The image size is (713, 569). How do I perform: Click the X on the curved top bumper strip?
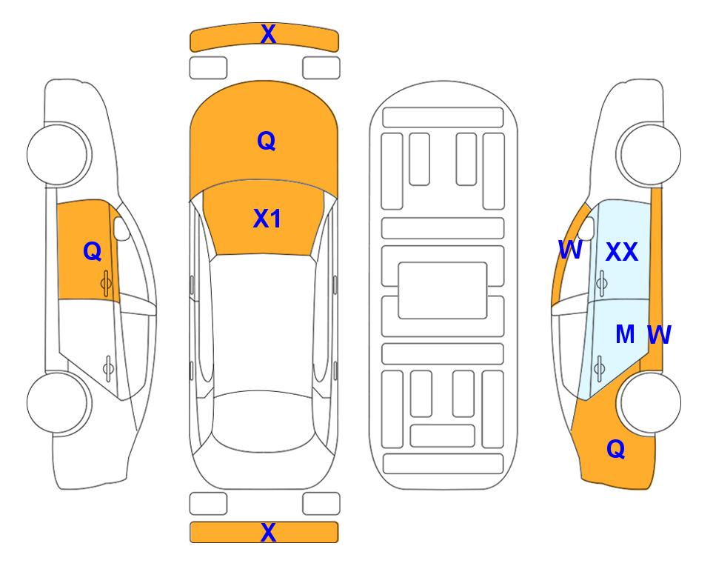(x=268, y=34)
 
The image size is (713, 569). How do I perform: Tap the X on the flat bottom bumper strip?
(x=268, y=532)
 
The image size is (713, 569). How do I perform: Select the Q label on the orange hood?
(x=267, y=141)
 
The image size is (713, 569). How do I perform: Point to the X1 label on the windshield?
(x=267, y=219)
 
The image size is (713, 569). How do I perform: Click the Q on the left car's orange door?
(x=93, y=251)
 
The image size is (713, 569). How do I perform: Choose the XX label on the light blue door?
(x=622, y=252)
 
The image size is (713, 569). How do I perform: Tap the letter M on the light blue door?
(x=625, y=335)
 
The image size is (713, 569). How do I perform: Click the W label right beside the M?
(x=659, y=335)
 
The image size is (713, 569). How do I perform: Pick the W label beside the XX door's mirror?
(x=570, y=250)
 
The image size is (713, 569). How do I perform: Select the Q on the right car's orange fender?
(x=616, y=449)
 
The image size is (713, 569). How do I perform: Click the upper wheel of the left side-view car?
(x=58, y=154)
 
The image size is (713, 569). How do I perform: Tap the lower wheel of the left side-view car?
(x=58, y=402)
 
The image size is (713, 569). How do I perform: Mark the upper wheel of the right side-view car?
(x=649, y=154)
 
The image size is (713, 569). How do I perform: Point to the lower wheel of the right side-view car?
(x=649, y=402)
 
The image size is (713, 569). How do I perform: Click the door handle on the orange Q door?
(x=106, y=284)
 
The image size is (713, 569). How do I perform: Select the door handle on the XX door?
(x=602, y=284)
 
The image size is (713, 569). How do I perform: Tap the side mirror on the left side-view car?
(x=121, y=228)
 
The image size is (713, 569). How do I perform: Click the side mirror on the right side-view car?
(x=586, y=228)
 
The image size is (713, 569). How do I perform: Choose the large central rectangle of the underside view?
(x=443, y=290)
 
